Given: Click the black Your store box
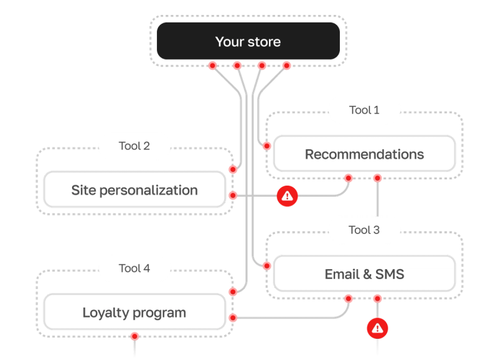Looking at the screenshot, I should tap(248, 42).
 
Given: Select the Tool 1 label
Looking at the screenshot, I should tap(364, 110).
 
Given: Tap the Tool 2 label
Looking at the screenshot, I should tap(134, 146).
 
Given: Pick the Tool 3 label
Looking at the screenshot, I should tap(364, 230).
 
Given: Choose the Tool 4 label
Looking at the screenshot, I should tap(134, 268).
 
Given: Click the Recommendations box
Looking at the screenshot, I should tap(364, 154).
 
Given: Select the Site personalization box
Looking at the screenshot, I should tap(134, 190).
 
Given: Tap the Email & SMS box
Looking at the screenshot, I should tap(364, 274).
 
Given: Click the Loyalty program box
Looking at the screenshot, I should tap(134, 312).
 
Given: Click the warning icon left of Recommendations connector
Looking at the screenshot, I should tap(287, 196).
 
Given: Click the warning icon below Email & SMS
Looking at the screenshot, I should tap(377, 328).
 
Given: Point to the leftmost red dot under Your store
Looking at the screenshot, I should tap(212, 65).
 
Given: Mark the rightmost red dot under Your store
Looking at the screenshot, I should tap(286, 65).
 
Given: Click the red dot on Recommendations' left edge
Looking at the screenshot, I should tap(266, 146).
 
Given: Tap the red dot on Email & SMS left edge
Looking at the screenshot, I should tap(266, 266).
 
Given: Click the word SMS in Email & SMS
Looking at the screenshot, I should tap(390, 274).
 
